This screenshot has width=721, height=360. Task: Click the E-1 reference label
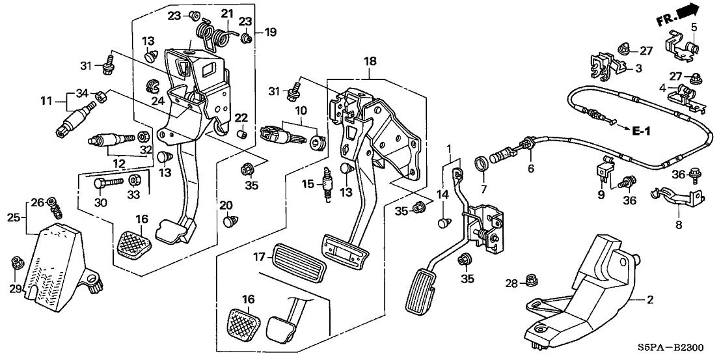tap(641, 132)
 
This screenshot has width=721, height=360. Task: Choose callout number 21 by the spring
tap(226, 13)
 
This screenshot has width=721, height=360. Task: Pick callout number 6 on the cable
tap(530, 169)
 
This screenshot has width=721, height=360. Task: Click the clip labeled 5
tap(681, 46)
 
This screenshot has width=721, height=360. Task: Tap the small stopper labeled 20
tap(229, 222)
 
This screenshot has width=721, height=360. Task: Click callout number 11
tap(45, 101)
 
